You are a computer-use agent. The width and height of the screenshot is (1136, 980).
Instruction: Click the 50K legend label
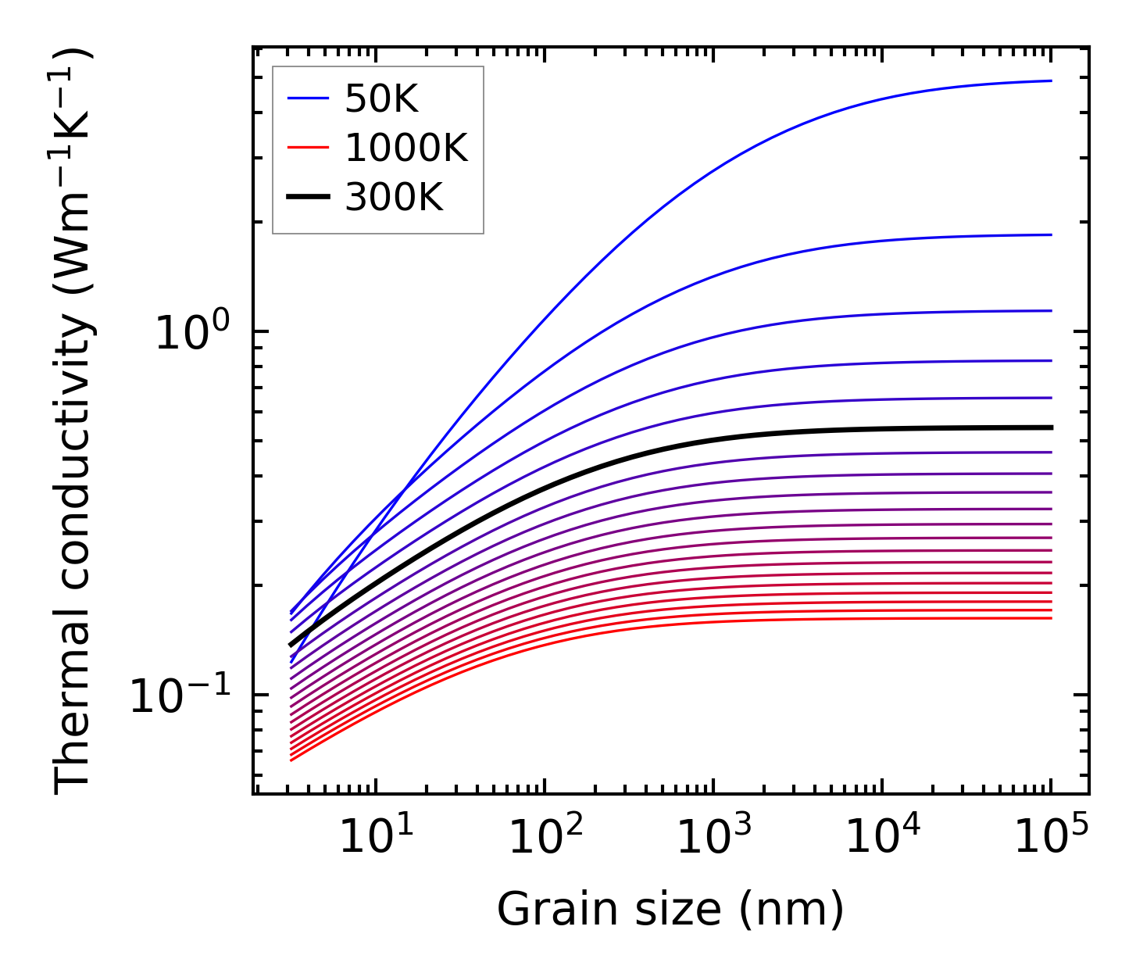[381, 98]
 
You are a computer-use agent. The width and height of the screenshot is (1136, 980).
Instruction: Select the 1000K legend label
[406, 148]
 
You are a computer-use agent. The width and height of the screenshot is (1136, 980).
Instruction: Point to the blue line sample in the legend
[309, 98]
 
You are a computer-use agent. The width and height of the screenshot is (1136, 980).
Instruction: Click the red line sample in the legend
[309, 148]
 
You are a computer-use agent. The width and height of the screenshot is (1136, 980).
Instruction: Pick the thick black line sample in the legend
[309, 197]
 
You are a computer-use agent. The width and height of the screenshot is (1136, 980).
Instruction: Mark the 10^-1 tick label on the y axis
[180, 695]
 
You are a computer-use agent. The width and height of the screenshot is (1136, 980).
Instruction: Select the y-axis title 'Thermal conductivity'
[73, 422]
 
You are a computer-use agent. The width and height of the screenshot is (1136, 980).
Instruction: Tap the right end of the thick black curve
[1052, 427]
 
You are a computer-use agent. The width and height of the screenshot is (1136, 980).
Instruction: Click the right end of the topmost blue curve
[1052, 80]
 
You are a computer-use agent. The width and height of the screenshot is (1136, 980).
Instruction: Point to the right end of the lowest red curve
[1052, 618]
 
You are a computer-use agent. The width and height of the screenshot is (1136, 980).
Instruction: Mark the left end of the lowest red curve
[291, 760]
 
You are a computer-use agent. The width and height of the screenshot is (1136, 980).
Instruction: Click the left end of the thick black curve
[291, 646]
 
